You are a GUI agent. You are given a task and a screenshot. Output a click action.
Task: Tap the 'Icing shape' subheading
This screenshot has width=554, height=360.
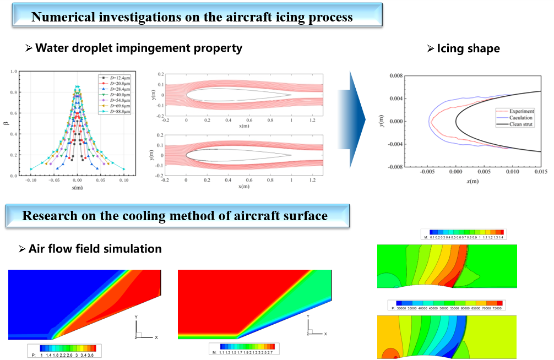coord(468,48)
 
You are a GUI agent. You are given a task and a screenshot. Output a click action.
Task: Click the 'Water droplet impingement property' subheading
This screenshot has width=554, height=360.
coord(138,48)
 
